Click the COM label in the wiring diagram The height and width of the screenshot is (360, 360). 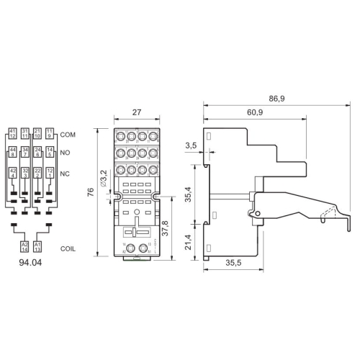(68, 135)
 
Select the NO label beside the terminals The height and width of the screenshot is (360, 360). (66, 153)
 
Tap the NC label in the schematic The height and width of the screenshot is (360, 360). (66, 173)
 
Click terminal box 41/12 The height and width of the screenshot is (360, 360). (13, 133)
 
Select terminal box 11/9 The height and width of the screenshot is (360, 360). (49, 133)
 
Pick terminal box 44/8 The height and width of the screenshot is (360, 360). (13, 151)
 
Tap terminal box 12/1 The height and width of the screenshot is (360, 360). (49, 172)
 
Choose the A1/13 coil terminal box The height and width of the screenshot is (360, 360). (38, 246)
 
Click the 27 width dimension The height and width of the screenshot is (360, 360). (136, 112)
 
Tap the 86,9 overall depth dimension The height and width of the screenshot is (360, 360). (274, 98)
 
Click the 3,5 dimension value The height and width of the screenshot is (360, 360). (190, 146)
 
